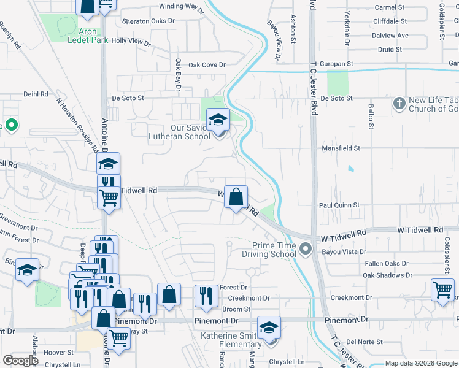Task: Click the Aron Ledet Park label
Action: coord(84,36)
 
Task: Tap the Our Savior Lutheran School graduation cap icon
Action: coord(218,120)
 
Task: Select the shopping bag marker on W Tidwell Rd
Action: coord(236,197)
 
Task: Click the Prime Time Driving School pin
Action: coord(306,249)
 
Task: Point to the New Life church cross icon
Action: coord(399,104)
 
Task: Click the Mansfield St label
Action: coord(341,148)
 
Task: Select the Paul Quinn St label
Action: coord(339,205)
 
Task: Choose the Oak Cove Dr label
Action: coord(207,65)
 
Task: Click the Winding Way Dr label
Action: coord(181,6)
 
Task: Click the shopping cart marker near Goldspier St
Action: coord(442,289)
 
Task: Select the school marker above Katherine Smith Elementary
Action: coord(269,328)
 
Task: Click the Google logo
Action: coord(20,361)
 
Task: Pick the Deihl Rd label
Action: coord(35,94)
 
